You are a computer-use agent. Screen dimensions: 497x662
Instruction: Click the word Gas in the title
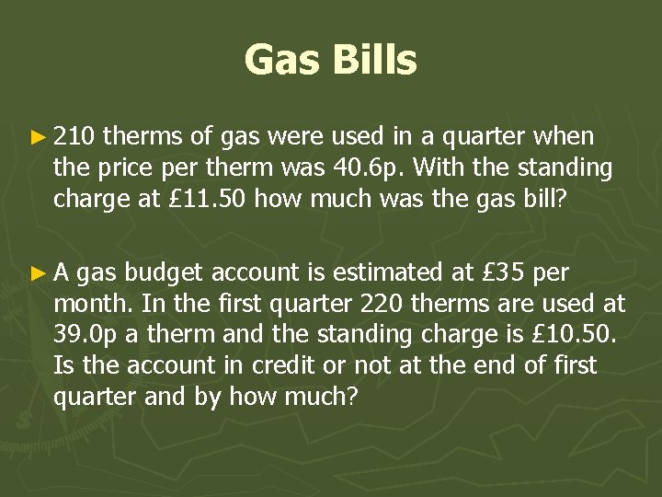coord(280,62)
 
